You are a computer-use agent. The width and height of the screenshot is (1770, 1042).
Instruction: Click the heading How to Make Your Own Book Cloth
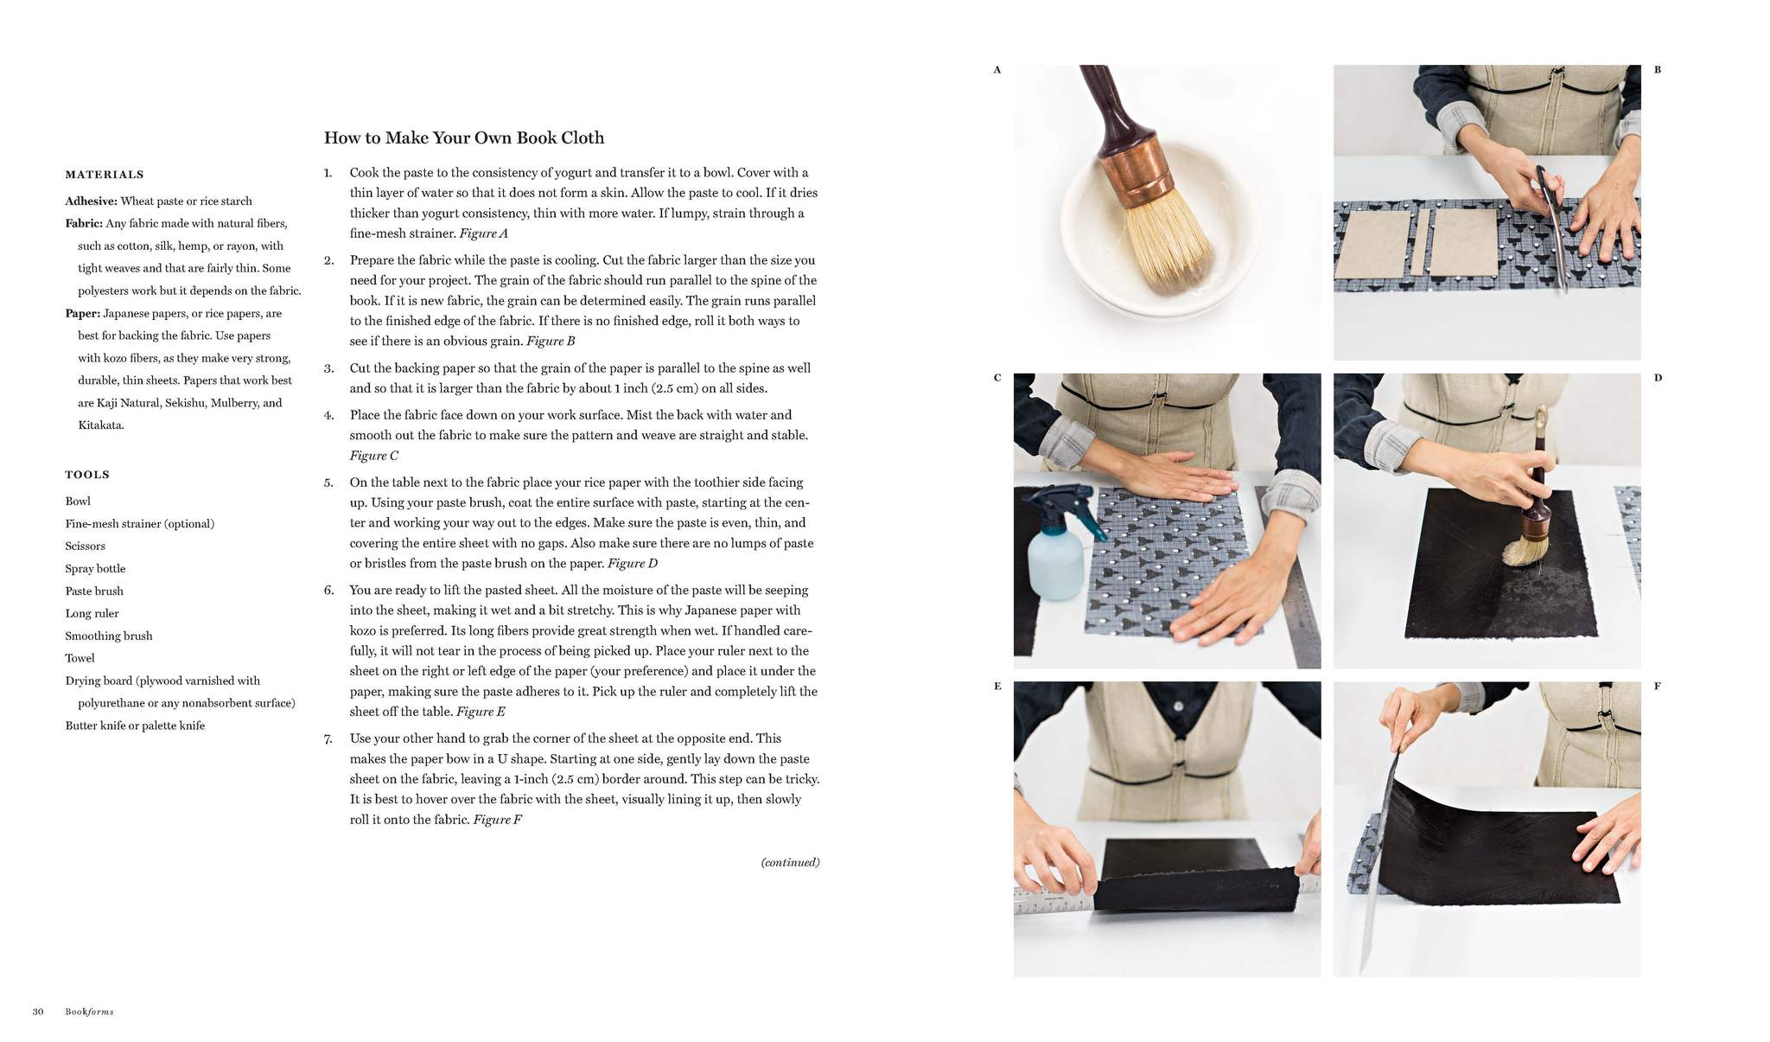tap(463, 138)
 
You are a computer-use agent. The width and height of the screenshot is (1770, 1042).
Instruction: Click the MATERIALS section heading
tap(105, 175)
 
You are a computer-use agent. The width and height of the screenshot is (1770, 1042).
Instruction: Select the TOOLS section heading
tap(87, 475)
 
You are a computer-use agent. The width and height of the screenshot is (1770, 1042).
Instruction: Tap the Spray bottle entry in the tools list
tap(95, 568)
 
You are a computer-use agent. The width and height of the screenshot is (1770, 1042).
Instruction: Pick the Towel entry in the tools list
tap(80, 658)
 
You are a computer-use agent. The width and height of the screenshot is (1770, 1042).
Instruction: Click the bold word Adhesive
tap(91, 201)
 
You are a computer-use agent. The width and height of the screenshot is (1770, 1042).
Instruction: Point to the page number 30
tap(38, 1012)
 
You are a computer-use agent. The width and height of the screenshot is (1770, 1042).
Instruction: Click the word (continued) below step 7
tap(790, 862)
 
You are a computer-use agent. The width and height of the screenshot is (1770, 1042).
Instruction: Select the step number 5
tap(328, 483)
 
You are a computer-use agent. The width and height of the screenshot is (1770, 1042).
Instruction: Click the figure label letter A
tap(996, 70)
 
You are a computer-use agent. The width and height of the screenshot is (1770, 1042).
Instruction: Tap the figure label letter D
tap(1658, 378)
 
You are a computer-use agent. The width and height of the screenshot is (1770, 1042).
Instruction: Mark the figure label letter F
tap(1658, 687)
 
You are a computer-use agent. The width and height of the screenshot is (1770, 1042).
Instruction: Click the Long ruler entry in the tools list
tap(92, 613)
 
